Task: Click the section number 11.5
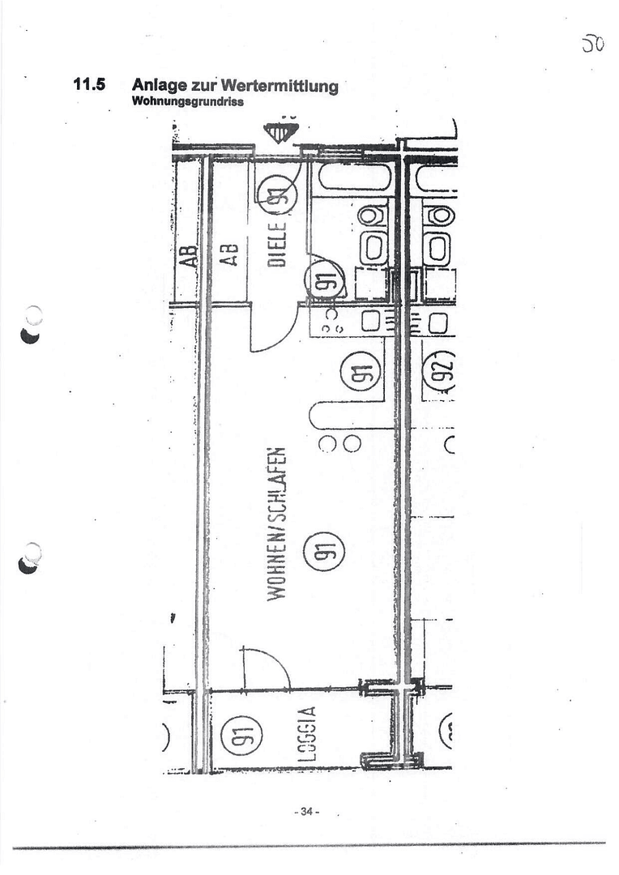tap(89, 83)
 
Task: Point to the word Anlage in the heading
tap(159, 86)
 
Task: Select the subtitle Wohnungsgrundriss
tap(186, 102)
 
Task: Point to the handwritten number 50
tap(593, 44)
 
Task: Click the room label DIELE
tap(277, 244)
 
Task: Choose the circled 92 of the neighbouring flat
tap(442, 372)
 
